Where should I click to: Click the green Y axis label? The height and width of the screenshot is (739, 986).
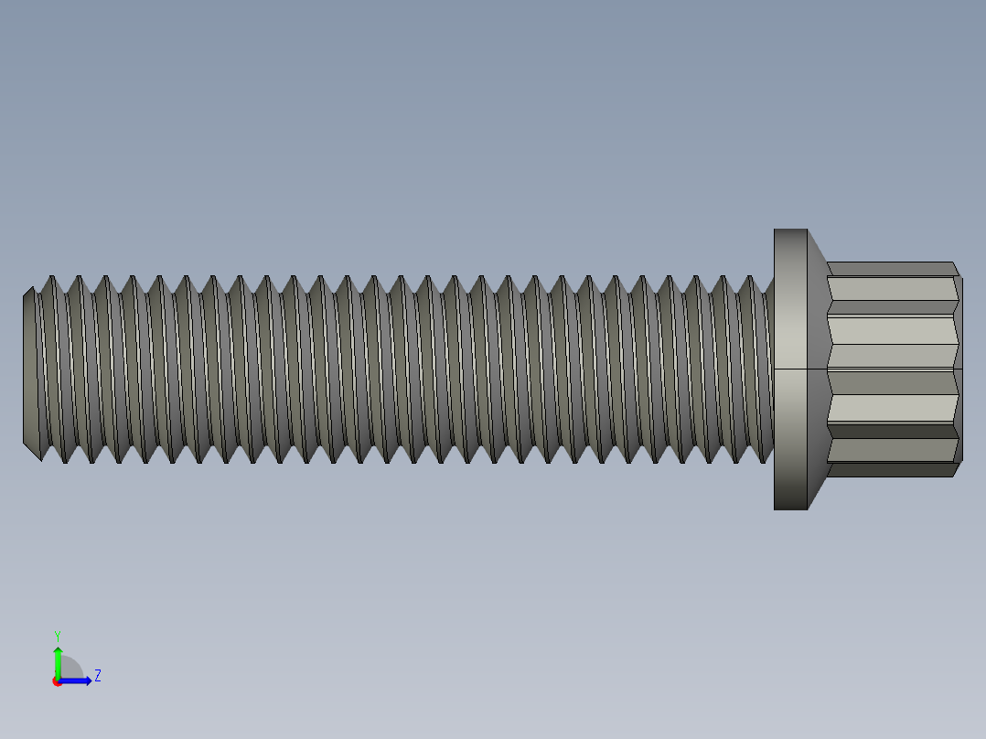[x=57, y=635]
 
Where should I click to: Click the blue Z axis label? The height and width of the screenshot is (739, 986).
[x=97, y=676]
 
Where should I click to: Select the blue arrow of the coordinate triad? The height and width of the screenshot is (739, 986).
[x=79, y=680]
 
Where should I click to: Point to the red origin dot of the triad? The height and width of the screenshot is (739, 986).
[x=57, y=681]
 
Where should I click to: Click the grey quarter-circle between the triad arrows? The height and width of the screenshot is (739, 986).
[x=70, y=669]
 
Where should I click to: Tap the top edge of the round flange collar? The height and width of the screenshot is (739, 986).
[x=790, y=230]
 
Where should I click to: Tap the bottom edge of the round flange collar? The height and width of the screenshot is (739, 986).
[x=790, y=508]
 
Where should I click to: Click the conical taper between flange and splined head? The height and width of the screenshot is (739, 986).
[x=818, y=369]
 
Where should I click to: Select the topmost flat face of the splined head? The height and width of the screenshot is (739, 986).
[x=892, y=268]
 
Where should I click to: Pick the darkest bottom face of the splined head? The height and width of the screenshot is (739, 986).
[x=892, y=470]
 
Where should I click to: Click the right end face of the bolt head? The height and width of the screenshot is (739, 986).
[x=959, y=369]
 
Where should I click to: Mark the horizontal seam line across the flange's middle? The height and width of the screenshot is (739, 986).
[x=791, y=369]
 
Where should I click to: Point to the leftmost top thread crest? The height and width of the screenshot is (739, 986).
[x=51, y=278]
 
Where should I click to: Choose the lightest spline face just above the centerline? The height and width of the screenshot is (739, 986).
[x=892, y=355]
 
